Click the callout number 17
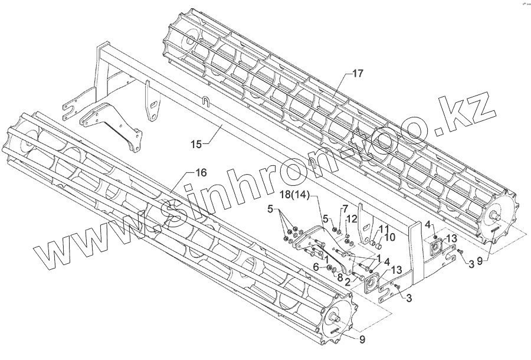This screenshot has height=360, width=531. click(x=358, y=74)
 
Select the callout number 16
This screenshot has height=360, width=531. click(x=201, y=172)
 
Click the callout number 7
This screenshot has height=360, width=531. click(x=346, y=209)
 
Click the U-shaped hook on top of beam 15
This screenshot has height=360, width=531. click(x=205, y=101)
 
